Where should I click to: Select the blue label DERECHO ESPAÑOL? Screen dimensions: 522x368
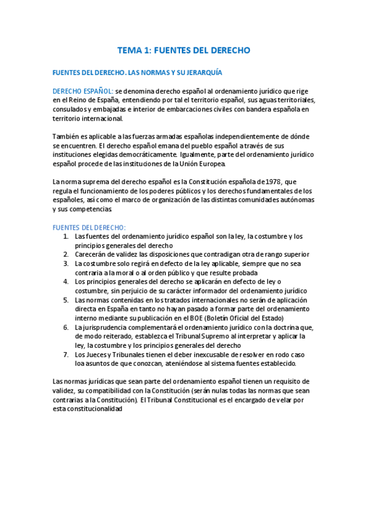[x=83, y=91]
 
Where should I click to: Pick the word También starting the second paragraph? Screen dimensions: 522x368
[x=67, y=136]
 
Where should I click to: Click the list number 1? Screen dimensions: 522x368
[x=66, y=236]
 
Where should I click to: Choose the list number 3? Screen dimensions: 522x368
[x=66, y=263]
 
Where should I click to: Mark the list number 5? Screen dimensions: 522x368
[x=66, y=300]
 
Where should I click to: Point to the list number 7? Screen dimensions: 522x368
[x=66, y=355]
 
